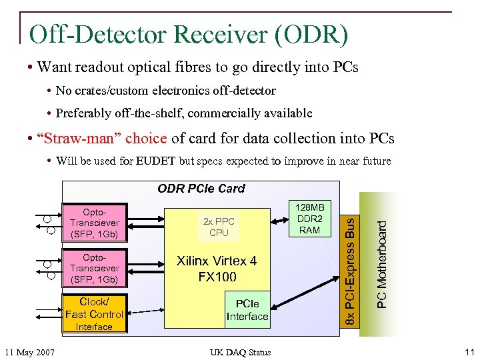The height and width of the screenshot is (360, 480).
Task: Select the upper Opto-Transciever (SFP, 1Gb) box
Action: (x=94, y=223)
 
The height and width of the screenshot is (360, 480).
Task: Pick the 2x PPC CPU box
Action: (x=219, y=227)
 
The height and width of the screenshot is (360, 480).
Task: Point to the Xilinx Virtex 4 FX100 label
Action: (x=217, y=268)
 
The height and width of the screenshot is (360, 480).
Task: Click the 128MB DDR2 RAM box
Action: (x=309, y=218)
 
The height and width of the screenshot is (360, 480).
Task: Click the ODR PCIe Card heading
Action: (x=201, y=189)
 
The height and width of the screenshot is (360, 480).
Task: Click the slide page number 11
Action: (x=469, y=351)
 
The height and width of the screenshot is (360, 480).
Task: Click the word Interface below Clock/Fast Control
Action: (x=94, y=327)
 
